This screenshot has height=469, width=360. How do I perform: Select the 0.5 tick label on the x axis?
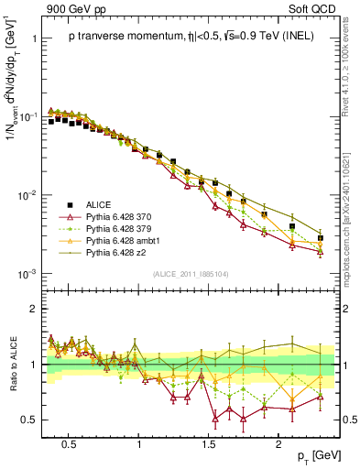click(68, 442)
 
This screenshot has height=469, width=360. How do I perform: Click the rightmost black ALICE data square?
click(321, 238)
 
